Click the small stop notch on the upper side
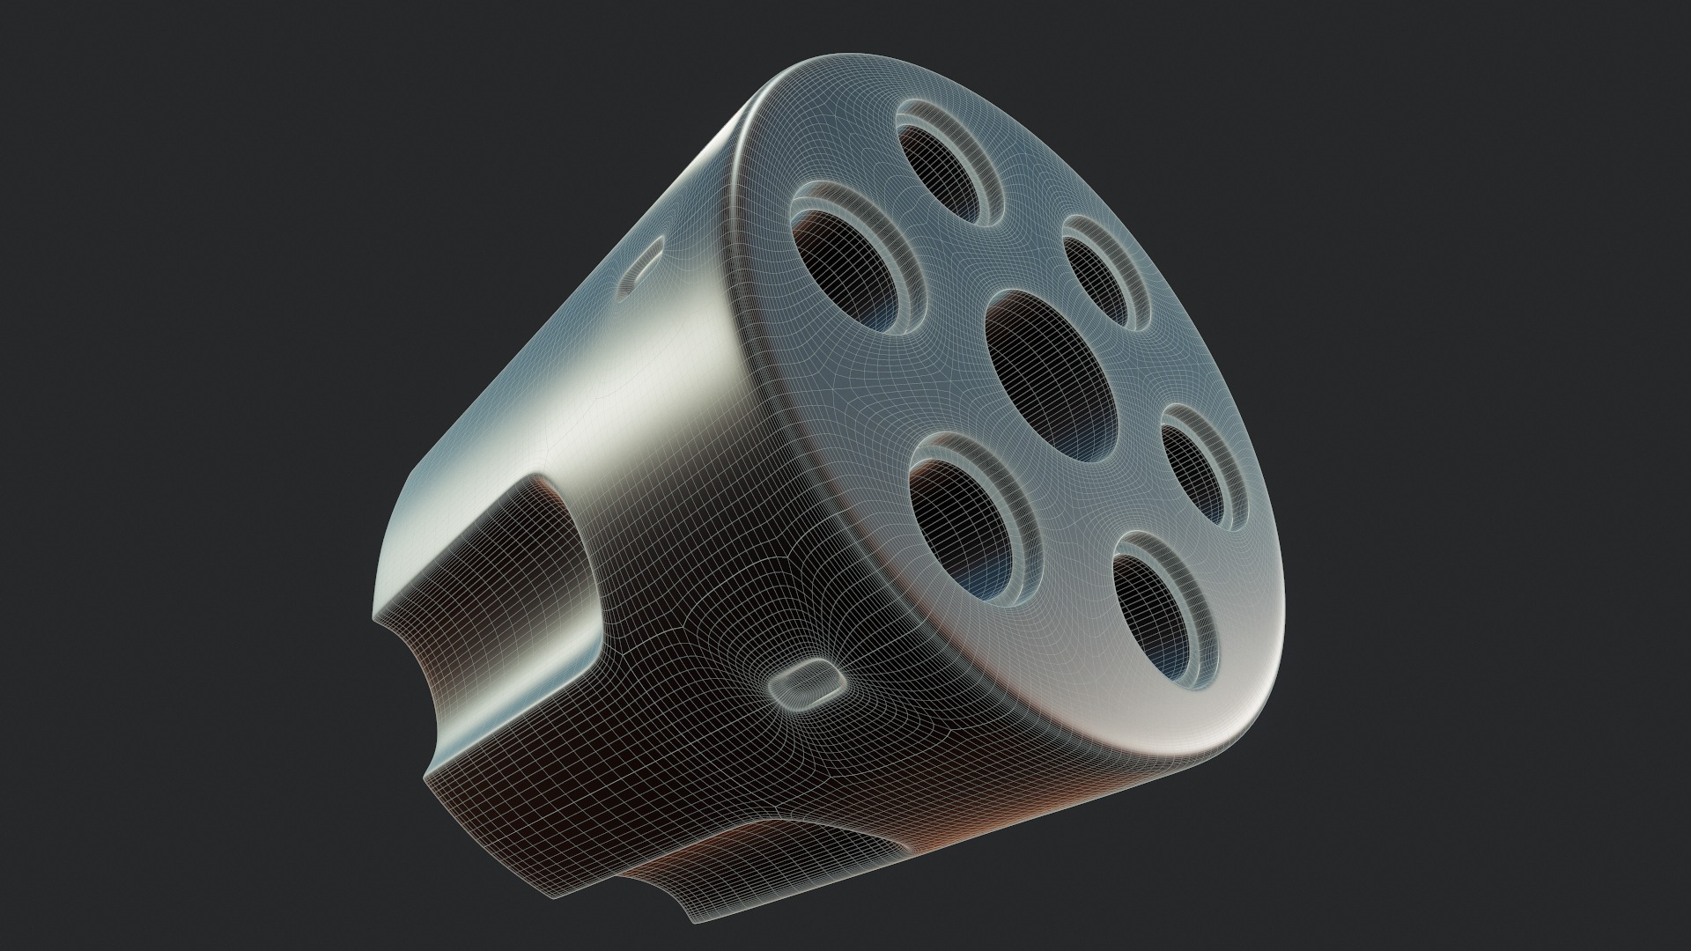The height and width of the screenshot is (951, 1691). point(641,264)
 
